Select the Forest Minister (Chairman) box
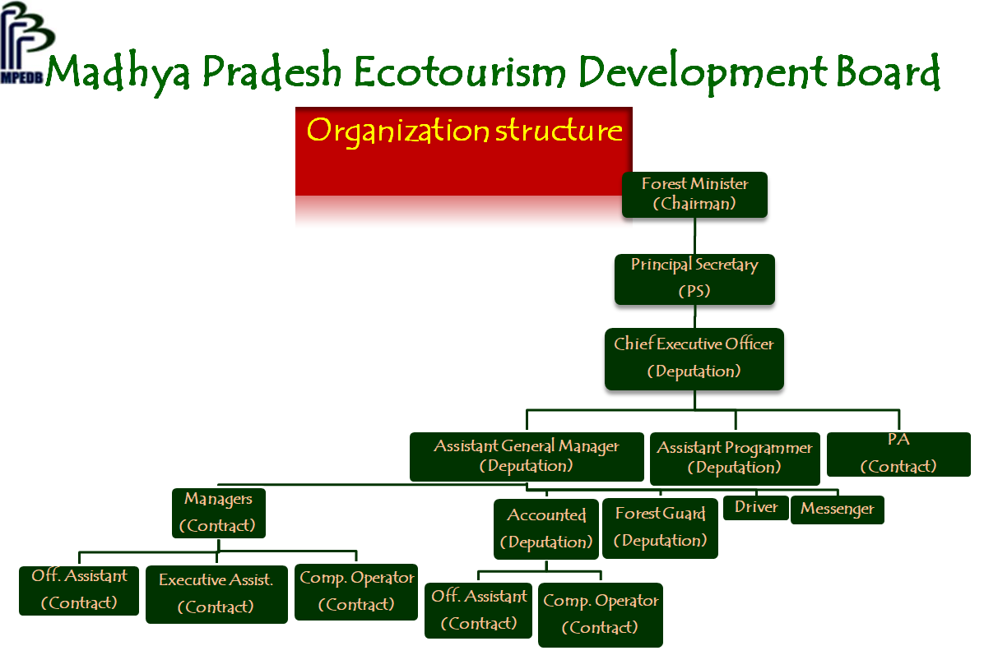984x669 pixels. [694, 194]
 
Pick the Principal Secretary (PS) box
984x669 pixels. [694, 279]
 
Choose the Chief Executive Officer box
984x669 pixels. [694, 358]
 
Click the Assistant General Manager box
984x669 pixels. [527, 456]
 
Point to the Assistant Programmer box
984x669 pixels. [735, 459]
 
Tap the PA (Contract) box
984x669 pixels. [898, 454]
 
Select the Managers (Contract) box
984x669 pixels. [218, 513]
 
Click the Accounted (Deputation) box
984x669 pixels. [546, 529]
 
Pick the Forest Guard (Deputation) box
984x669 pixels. [660, 528]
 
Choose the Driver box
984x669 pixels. [756, 507]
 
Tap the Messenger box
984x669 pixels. [838, 509]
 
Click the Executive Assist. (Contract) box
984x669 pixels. [216, 594]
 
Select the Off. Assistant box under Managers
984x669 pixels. [79, 591]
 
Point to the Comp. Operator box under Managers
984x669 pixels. [356, 592]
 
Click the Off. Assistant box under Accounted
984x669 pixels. [479, 611]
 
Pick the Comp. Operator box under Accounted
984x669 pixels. [601, 615]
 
